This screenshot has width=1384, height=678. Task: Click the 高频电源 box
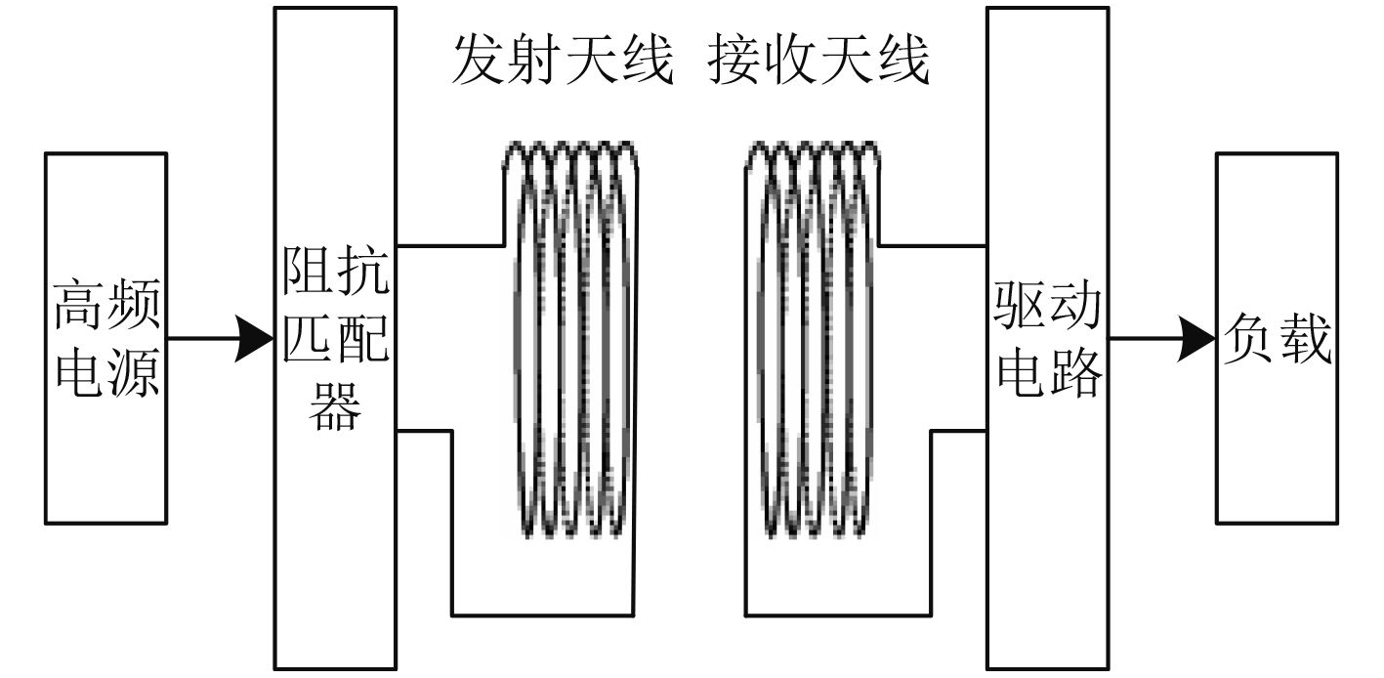105,337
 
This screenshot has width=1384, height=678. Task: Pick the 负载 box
1276,337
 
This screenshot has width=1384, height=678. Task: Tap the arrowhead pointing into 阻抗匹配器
255,339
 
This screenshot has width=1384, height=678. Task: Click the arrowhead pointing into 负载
1196,339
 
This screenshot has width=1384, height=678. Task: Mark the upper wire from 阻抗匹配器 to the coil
449,244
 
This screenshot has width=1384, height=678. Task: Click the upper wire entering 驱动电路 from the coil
933,244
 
